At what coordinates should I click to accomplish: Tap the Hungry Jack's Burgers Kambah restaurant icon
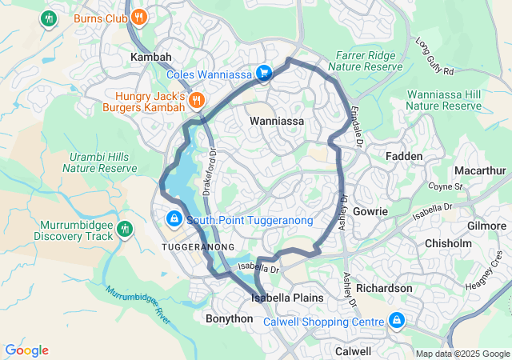(196, 101)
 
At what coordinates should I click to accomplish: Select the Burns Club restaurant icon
(139, 17)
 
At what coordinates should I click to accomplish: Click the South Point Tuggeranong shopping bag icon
(174, 218)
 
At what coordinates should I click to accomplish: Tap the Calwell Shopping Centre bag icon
(396, 321)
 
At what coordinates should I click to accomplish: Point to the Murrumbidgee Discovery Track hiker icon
(124, 230)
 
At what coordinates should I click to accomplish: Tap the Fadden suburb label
(404, 156)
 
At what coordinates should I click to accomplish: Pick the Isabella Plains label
(287, 298)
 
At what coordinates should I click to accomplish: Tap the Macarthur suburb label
(480, 171)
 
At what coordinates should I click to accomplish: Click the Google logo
(26, 350)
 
